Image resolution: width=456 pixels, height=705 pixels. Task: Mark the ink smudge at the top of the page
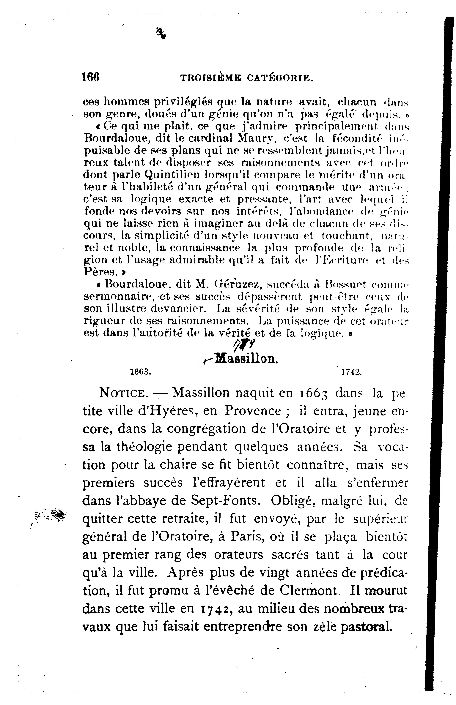click(161, 33)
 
